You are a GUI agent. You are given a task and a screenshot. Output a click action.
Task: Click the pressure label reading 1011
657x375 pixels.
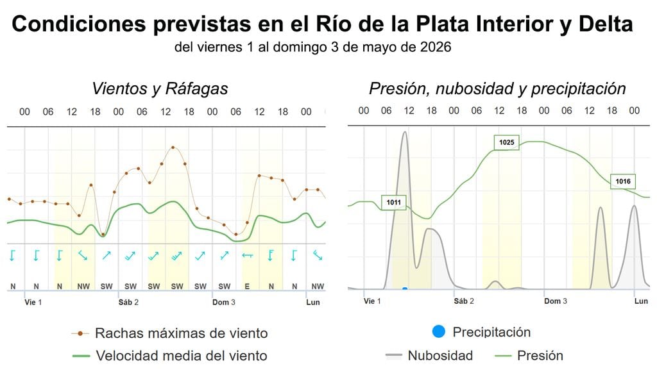point(393,203)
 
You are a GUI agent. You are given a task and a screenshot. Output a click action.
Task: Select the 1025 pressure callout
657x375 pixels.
point(506,142)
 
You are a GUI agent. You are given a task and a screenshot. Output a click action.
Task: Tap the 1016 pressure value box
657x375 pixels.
point(622,182)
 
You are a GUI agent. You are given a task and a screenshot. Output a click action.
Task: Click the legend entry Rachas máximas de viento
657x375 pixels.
point(181,333)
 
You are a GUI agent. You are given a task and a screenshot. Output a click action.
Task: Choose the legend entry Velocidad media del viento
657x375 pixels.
point(181,355)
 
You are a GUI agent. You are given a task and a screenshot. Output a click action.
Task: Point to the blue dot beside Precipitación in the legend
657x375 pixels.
point(439,332)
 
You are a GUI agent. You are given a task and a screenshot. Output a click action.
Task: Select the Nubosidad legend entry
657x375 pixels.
point(440,355)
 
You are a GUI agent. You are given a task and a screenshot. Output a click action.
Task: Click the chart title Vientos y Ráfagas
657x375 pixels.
point(160,88)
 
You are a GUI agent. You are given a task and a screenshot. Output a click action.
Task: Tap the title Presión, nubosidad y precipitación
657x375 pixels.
point(497,88)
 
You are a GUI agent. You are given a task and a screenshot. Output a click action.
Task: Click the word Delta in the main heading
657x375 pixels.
point(602,24)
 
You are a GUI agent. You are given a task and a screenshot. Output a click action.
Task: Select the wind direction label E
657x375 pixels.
point(247,286)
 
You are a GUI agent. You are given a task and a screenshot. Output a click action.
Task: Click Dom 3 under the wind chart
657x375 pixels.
point(223,301)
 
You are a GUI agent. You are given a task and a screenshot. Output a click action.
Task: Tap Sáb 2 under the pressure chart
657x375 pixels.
point(463,301)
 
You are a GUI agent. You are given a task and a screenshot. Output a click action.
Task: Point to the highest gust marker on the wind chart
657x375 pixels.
point(173,147)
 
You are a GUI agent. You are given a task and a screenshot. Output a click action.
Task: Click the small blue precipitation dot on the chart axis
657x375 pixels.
point(405,289)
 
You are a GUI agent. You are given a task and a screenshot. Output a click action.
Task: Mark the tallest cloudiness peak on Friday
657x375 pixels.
point(404,133)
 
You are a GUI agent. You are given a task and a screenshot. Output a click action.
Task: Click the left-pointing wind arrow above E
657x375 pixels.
point(247,256)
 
